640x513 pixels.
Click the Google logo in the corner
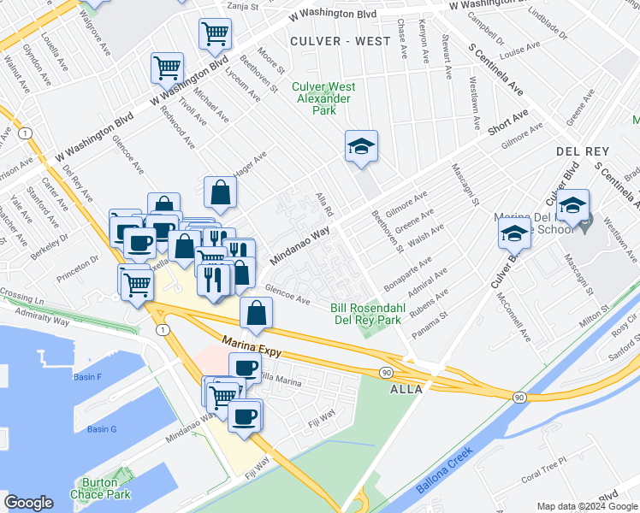28,503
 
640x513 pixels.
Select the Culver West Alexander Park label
323,98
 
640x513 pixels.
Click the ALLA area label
406,389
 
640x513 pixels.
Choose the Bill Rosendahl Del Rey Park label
366,314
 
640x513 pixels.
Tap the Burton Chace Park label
99,488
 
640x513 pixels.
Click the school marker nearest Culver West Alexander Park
361,145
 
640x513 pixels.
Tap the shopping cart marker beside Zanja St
215,33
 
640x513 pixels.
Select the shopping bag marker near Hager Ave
220,192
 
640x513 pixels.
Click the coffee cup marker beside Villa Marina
246,367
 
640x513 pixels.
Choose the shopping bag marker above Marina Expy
256,312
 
